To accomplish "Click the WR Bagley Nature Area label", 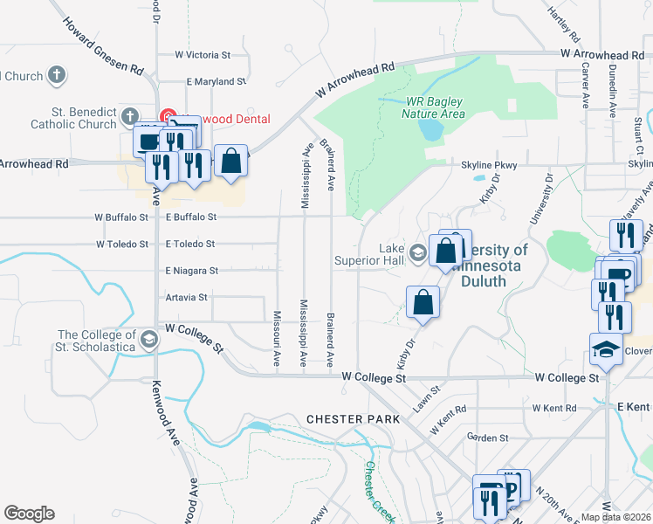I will pos(434,107).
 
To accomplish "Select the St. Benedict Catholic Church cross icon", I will pos(130,115).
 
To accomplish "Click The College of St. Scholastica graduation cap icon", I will pos(148,339).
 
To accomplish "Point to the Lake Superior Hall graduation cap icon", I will pos(418,253).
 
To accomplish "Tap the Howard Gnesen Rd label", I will pos(102,43).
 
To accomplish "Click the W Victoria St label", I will pos(202,54).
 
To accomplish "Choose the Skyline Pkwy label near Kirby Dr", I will pos(489,165).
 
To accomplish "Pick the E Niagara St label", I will pos(191,271).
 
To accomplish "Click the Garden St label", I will pos(487,438).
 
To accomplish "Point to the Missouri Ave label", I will pos(277,338).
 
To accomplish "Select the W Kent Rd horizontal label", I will pos(554,408).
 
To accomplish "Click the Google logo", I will pos(29,514).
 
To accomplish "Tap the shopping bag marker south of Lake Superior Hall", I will pos(423,302).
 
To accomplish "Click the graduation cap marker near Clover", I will pos(606,349).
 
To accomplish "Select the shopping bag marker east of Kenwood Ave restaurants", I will pos(230,161).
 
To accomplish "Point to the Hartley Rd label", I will pos(563,24).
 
